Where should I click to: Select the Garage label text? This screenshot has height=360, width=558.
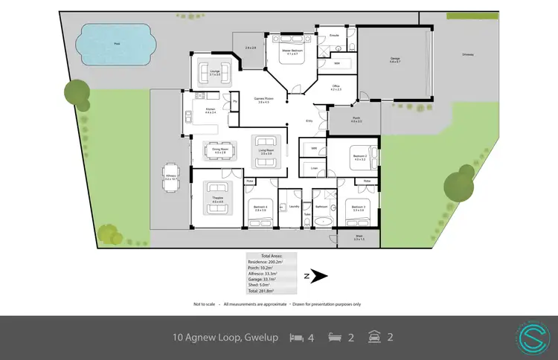coord(395,60)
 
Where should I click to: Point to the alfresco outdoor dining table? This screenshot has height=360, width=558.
coord(170,176)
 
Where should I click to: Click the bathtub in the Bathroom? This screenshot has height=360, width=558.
coord(321,222)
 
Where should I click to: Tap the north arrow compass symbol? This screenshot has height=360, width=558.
coord(318,276)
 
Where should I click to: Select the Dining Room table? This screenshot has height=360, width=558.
coord(219,151)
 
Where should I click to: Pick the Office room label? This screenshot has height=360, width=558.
coord(336,88)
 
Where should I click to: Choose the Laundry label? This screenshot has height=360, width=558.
coord(294,206)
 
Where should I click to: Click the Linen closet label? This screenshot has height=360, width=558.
coord(314,168)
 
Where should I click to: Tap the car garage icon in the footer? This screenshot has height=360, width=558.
coord(375,338)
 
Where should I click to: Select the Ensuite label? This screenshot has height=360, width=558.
coord(335,35)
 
